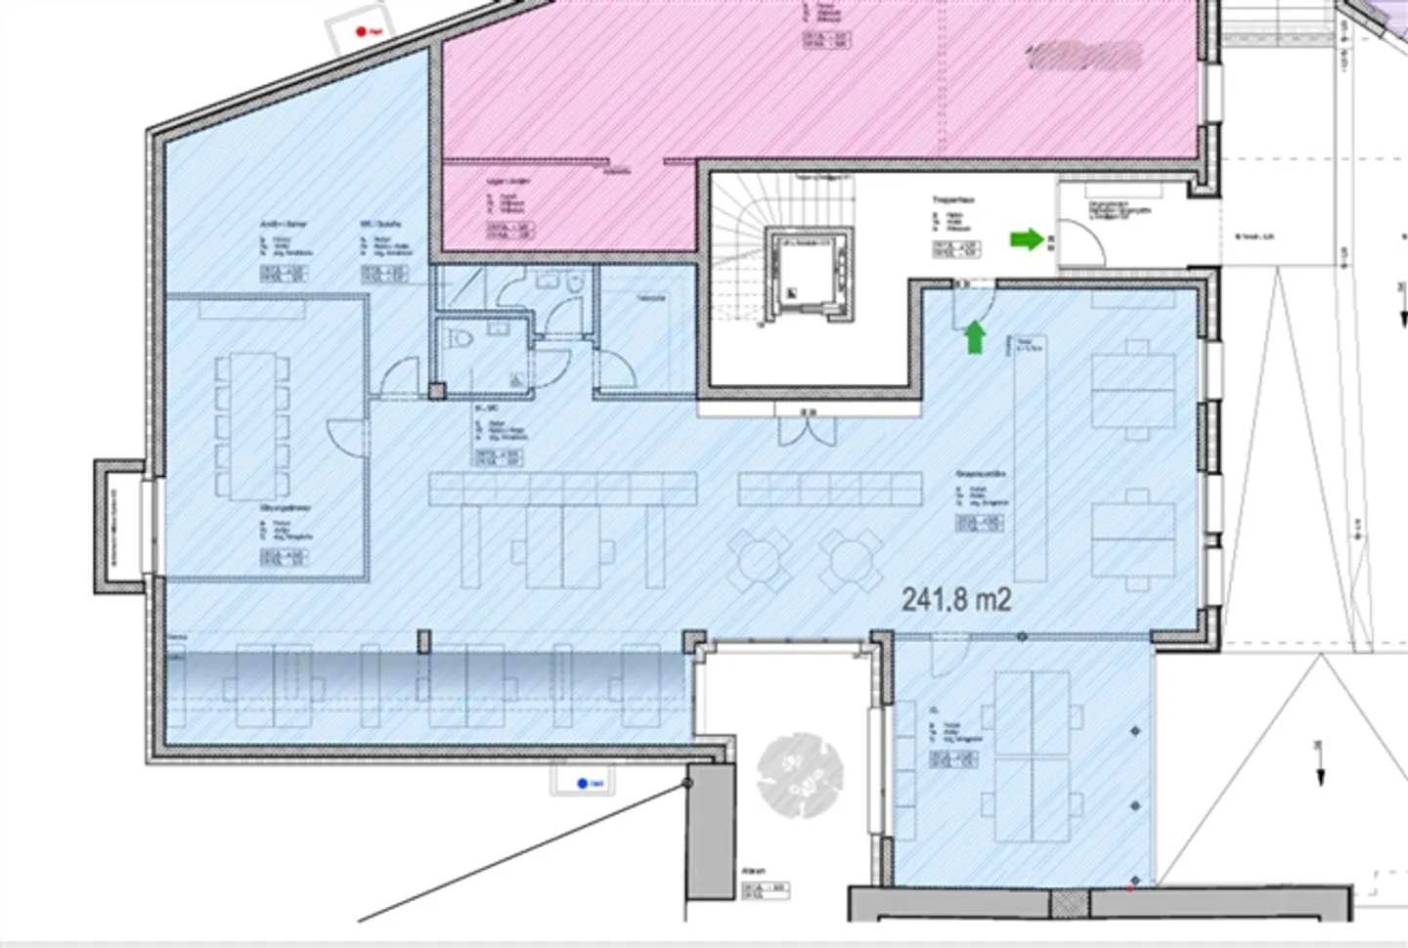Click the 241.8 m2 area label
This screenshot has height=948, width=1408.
coord(955,598)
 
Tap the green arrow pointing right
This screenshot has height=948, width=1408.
coord(1026,238)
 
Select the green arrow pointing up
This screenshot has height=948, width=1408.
coord(975,337)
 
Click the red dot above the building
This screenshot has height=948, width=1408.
coord(361,32)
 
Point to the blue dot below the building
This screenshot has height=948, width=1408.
coord(582,783)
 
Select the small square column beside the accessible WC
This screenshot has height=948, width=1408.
coord(437,391)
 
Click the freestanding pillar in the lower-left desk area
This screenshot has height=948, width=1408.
coord(423,641)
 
